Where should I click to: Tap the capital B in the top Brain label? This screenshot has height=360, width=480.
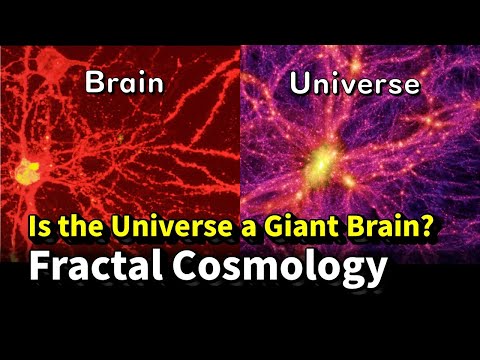coord(94,83)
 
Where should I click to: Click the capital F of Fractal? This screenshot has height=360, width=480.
coord(38,267)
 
